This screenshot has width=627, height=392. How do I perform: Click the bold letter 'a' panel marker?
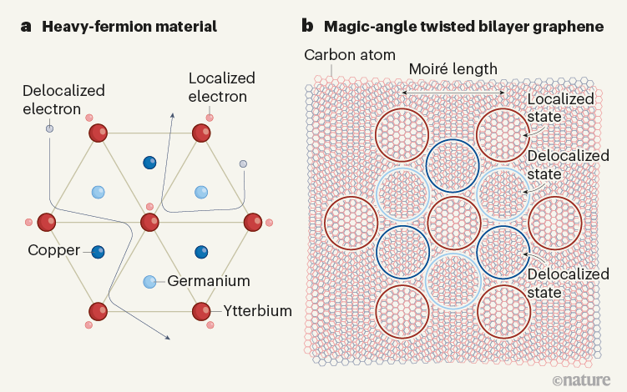coord(27,27)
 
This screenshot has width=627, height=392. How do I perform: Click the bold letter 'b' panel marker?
coord(308,27)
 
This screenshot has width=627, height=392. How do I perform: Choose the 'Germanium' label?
coord(205,282)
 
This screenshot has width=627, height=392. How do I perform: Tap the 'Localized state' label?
coord(561,108)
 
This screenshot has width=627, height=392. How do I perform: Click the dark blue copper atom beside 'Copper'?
coord(99,251)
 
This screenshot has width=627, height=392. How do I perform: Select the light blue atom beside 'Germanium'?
coord(149,282)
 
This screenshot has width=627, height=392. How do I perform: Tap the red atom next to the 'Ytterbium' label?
coord(201,312)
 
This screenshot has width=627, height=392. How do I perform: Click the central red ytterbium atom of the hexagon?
coord(149,223)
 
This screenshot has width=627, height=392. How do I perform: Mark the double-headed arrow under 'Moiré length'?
coord(453,92)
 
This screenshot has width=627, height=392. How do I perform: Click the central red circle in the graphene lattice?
coord(453,223)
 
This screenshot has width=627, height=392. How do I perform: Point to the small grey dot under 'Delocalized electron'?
coord(49,128)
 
